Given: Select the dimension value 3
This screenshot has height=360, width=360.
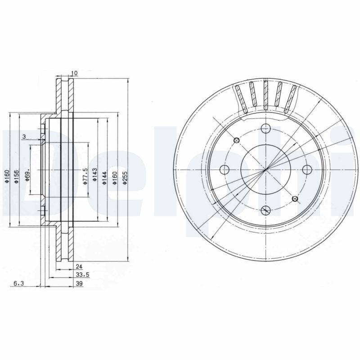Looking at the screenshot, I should tap(24, 136).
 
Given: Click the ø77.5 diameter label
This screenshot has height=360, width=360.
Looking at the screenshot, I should tap(85, 174).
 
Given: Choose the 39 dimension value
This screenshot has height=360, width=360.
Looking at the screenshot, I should tap(79, 283).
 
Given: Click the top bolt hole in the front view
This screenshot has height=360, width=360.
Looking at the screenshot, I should tap(265, 129).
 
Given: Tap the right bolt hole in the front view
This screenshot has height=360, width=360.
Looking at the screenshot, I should tap(307, 169).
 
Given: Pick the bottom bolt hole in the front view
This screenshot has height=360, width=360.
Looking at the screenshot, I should tap(265, 210).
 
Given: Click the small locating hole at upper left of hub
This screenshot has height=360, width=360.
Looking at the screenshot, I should tap(236, 140).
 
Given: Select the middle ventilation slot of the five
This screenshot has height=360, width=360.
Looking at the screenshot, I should tap(266, 95).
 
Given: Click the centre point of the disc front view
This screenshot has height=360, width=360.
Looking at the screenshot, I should tap(265, 169).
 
